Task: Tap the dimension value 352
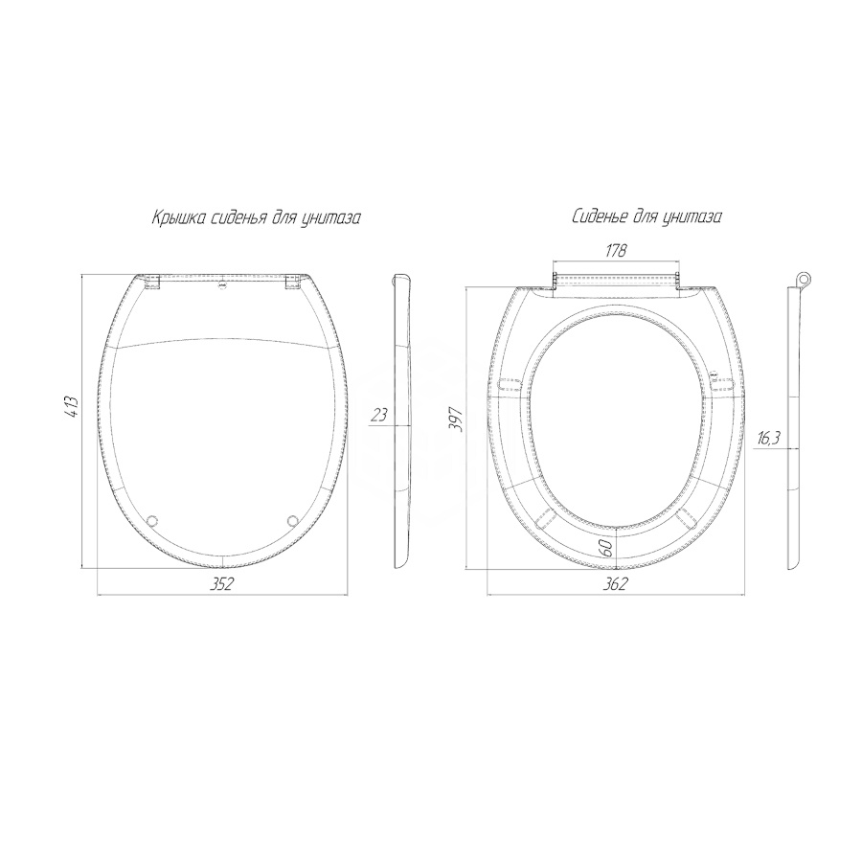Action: click(222, 584)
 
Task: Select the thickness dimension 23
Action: click(378, 415)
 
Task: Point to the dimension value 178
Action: click(616, 251)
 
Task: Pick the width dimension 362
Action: click(615, 584)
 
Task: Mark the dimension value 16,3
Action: click(769, 438)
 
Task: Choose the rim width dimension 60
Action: click(607, 548)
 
